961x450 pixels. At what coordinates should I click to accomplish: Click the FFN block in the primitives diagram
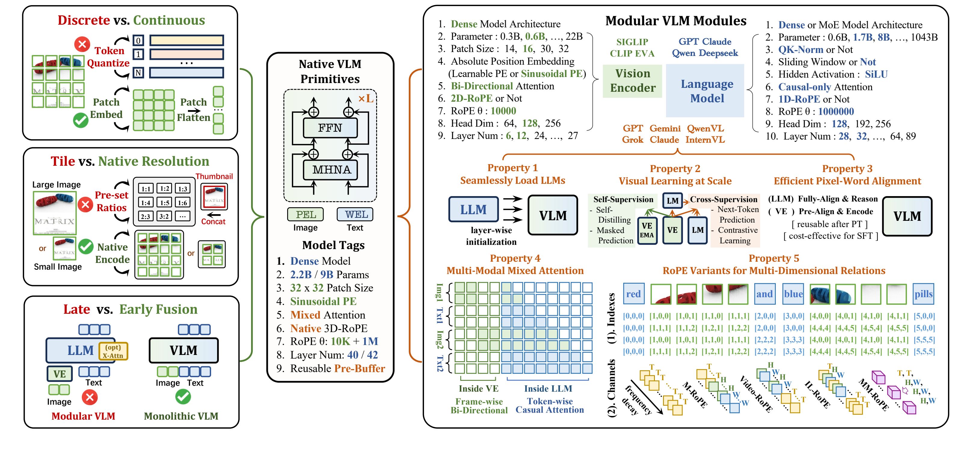pyautogui.click(x=330, y=128)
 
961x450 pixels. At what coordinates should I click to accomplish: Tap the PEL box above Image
pyautogui.click(x=305, y=214)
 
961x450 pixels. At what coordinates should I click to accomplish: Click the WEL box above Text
pyautogui.click(x=355, y=214)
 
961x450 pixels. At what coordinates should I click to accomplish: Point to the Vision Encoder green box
pyautogui.click(x=632, y=81)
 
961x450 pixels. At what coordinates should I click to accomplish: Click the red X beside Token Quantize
pyautogui.click(x=82, y=45)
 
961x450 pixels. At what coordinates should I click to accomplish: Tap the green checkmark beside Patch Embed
pyautogui.click(x=81, y=120)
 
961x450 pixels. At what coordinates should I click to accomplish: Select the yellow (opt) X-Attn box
pyautogui.click(x=113, y=351)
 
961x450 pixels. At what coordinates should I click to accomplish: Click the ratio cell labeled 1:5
pyautogui.click(x=164, y=203)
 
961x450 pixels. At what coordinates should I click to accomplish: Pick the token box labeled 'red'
pyautogui.click(x=634, y=294)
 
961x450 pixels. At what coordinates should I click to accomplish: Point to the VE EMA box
pyautogui.click(x=647, y=230)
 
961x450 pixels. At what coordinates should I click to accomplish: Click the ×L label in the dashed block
pyautogui.click(x=365, y=99)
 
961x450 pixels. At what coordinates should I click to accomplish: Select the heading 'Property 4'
pyautogui.click(x=515, y=258)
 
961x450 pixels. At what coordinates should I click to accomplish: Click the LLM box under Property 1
pyautogui.click(x=473, y=209)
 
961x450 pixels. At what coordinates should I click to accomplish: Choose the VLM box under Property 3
pyautogui.click(x=907, y=216)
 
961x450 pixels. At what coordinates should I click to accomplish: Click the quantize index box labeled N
pyautogui.click(x=138, y=72)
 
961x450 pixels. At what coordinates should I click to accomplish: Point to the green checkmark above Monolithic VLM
pyautogui.click(x=183, y=397)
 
